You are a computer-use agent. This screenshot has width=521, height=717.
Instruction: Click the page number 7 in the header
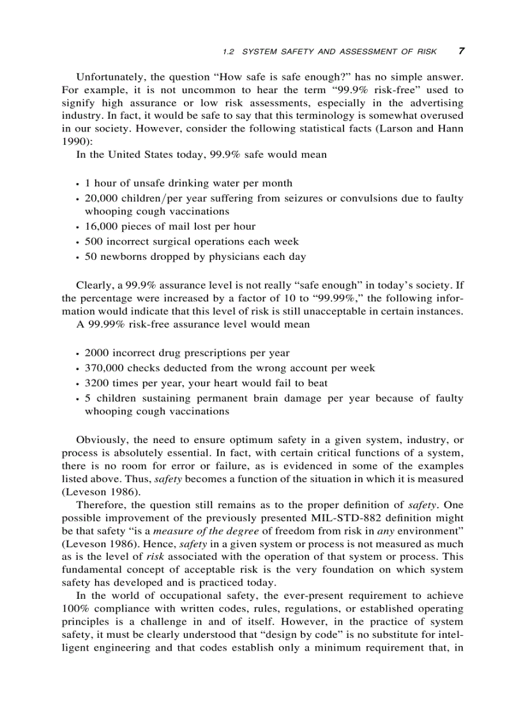tap(461, 51)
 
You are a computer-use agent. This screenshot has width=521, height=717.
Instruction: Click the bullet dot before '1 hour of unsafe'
tap(77, 184)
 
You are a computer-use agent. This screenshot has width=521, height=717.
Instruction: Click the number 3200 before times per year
tap(96, 383)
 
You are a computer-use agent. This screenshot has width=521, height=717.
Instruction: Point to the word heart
tap(235, 383)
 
